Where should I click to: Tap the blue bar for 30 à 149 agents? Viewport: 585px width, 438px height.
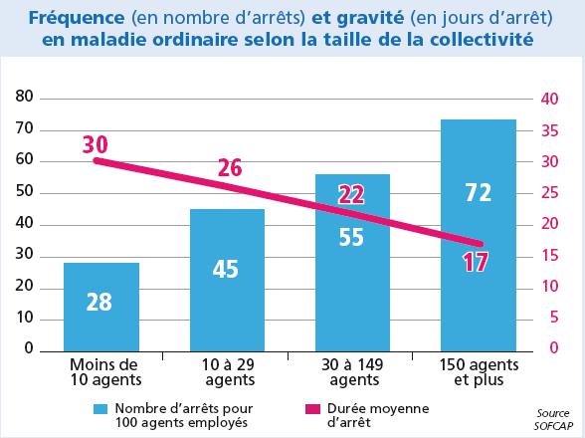point(352,269)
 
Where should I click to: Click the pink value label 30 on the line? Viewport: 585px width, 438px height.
point(96,144)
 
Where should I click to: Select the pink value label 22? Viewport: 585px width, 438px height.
point(351,195)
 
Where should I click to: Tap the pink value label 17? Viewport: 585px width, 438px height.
point(476,262)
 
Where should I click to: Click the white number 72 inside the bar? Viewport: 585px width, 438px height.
point(479,192)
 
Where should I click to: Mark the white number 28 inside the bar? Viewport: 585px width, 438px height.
point(98,301)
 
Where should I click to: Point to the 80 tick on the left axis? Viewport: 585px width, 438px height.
point(24,98)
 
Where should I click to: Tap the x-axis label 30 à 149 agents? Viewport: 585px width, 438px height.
point(352,372)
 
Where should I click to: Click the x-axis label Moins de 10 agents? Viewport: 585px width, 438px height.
point(101,372)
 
